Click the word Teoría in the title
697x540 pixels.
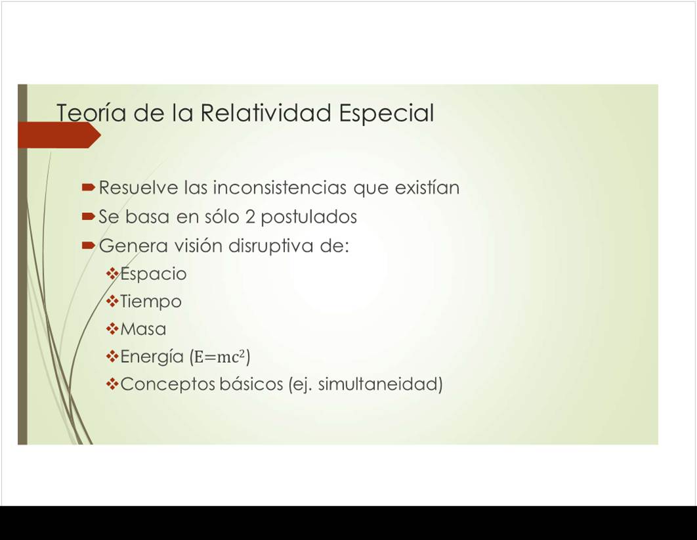(x=92, y=112)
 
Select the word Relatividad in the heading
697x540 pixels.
(x=266, y=112)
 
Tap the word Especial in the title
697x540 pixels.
(x=387, y=114)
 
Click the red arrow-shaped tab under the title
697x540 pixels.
(x=59, y=135)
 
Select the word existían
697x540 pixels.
(x=427, y=187)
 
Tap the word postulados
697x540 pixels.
(x=309, y=217)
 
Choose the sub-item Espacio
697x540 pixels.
(x=154, y=274)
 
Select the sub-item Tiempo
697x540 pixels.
(x=151, y=302)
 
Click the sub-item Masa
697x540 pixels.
(x=143, y=329)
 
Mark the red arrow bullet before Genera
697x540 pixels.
(x=89, y=246)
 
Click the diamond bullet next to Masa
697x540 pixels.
(x=112, y=328)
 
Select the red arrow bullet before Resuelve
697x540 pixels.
(x=89, y=187)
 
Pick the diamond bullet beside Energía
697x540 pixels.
(x=112, y=356)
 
